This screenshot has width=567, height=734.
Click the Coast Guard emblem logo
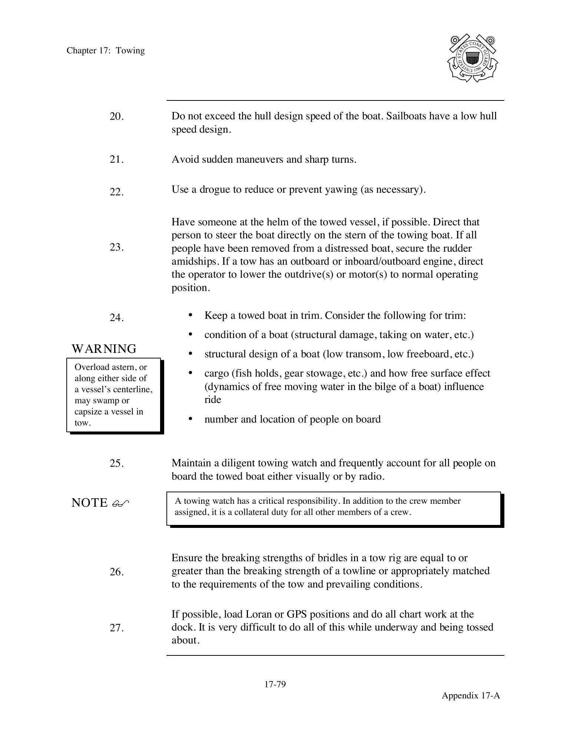[x=472, y=58]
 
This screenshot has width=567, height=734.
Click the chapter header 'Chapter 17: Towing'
[x=106, y=50]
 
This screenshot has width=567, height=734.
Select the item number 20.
[x=116, y=116]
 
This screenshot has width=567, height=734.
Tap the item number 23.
[x=116, y=247]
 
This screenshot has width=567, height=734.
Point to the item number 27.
[x=116, y=628]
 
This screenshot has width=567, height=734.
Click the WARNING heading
[x=104, y=349]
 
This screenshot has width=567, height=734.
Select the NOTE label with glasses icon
[x=100, y=503]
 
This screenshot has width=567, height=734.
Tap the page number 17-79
[x=275, y=684]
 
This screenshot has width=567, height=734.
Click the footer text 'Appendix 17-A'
[x=471, y=695]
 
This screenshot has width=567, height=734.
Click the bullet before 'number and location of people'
[x=190, y=419]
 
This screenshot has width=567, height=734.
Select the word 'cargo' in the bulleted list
[x=216, y=373]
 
